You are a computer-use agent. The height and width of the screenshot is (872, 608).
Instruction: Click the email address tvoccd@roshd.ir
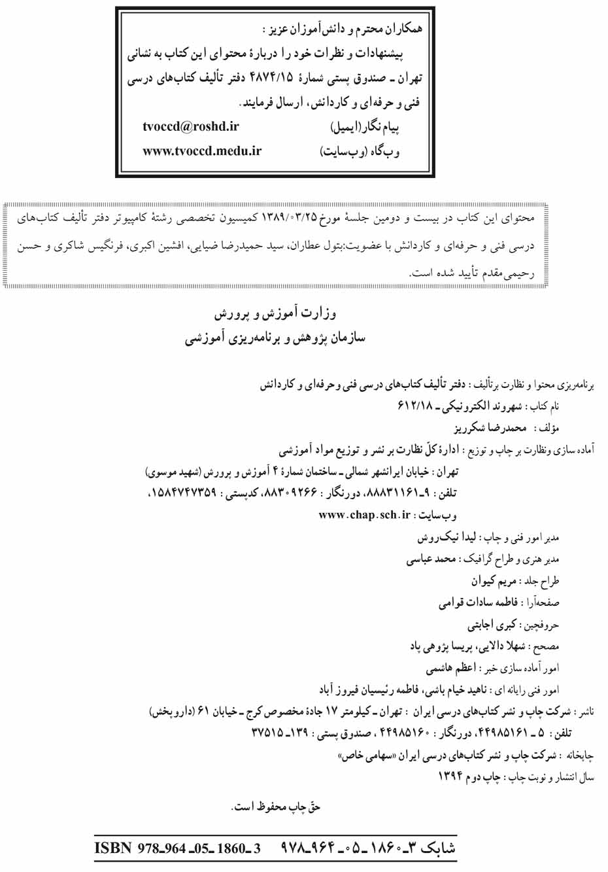190,126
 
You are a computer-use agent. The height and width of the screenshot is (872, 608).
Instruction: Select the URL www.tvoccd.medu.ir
201,151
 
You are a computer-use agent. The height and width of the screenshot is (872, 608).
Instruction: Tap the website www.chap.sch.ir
364,515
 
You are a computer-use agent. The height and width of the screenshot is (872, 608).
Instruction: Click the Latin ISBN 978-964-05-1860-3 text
177,848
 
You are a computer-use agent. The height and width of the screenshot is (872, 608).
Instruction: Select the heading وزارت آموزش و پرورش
275,314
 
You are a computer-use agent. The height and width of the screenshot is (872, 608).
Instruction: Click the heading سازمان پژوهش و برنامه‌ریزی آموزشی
275,338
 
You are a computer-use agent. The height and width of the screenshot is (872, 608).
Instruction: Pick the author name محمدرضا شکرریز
490,428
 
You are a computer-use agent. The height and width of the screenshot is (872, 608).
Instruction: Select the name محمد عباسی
431,559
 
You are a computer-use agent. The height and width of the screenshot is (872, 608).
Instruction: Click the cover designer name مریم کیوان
494,581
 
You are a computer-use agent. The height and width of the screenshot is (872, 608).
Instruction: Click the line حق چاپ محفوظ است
275,807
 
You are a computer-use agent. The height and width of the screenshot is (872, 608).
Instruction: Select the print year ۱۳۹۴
450,776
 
